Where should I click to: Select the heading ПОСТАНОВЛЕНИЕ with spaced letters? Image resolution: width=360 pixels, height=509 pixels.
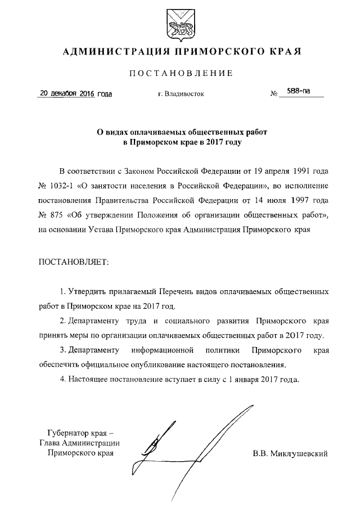[x=180, y=73]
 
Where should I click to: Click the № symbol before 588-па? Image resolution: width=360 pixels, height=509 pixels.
[x=274, y=94]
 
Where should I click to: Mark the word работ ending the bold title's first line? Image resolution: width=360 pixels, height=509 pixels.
[x=253, y=132]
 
